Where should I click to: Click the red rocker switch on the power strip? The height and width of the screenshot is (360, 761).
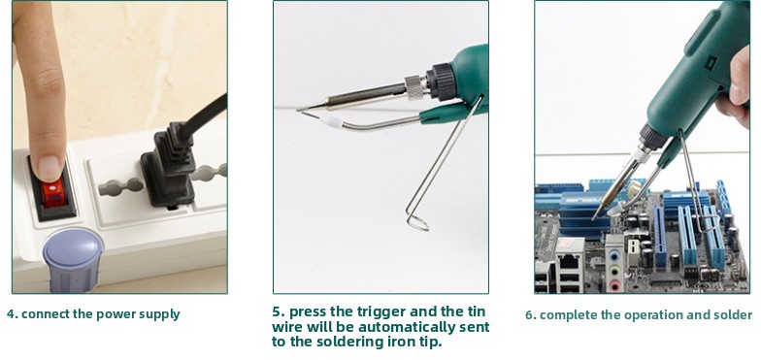pos(52,192)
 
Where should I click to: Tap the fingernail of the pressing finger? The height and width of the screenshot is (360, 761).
pos(50,168)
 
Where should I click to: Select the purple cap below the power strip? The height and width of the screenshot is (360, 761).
pos(73,259)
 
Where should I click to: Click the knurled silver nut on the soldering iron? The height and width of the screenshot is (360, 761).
pos(415,87)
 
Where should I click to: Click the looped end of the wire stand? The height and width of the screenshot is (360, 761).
pos(417,222)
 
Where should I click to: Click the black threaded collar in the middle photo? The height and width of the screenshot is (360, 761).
pos(441,81)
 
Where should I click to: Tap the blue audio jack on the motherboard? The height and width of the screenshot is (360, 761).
pos(615,256)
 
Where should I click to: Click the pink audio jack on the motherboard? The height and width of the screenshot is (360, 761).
pos(615,285)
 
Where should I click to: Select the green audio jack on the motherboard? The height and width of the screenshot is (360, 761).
pos(615,271)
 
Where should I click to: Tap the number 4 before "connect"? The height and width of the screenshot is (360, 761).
pos(11,314)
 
